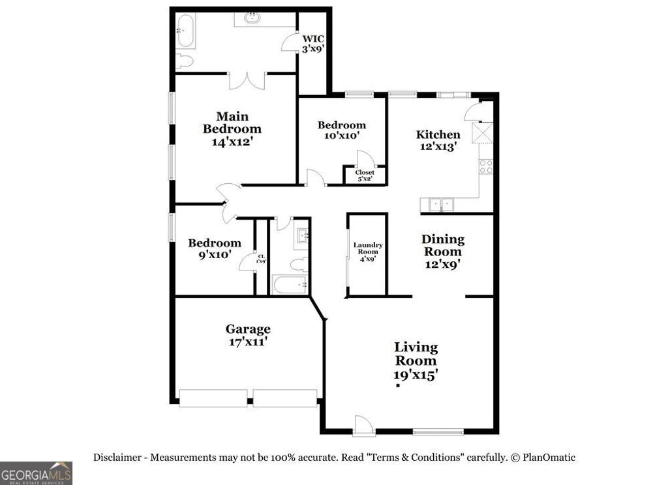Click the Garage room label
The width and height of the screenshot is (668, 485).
click(x=248, y=335)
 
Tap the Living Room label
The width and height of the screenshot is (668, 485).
click(x=416, y=360)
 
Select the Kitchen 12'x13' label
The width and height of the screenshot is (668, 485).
click(x=438, y=140)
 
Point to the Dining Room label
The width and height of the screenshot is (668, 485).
click(x=442, y=252)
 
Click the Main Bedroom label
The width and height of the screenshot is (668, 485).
click(x=232, y=129)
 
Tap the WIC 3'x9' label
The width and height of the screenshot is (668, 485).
click(x=312, y=42)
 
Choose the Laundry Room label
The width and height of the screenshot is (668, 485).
click(x=368, y=252)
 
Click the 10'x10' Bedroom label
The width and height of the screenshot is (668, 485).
click(x=342, y=130)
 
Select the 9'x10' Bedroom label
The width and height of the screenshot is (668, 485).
click(x=215, y=248)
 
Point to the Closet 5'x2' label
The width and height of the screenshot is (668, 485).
click(x=365, y=175)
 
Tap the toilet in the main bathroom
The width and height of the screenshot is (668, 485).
click(x=185, y=61)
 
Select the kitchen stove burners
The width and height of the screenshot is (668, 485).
click(x=486, y=166)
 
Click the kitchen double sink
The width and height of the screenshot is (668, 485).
click(x=440, y=205)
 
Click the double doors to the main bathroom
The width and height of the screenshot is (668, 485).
click(x=247, y=80)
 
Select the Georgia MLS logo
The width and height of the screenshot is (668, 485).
click(x=36, y=473)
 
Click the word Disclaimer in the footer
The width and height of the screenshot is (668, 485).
click(x=117, y=458)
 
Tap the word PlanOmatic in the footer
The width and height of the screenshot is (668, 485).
click(x=548, y=458)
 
